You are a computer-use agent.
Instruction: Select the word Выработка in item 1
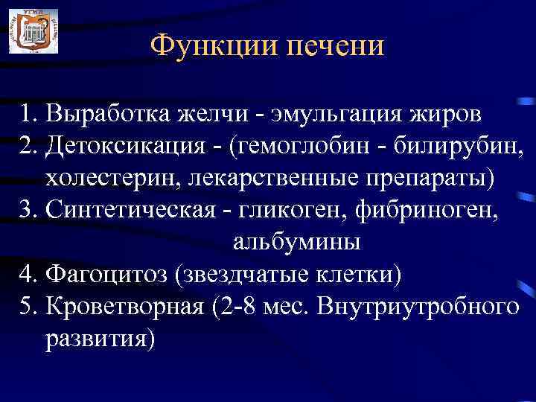point(108,115)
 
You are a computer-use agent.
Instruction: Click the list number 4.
point(28,275)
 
